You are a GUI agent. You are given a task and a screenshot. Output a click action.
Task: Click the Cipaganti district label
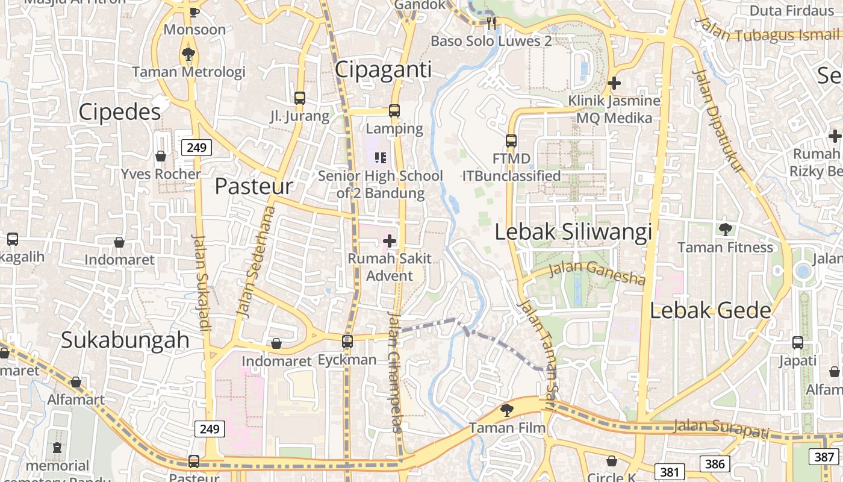383,70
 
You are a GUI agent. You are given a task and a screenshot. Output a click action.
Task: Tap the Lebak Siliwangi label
573,232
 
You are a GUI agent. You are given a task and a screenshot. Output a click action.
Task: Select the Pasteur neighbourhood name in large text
254,186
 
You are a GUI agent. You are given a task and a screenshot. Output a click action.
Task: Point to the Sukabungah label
125,340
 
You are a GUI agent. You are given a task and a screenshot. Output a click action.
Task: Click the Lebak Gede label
711,310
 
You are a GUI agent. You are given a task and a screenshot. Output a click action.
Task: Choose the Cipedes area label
120,111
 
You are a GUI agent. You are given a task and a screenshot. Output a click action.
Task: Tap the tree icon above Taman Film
507,410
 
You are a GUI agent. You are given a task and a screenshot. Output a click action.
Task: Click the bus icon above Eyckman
347,342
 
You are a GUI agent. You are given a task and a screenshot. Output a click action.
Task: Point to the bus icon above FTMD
511,141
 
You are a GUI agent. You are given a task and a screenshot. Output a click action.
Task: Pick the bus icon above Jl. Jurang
300,98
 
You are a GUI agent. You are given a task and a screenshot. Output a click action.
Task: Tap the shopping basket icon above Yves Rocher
161,157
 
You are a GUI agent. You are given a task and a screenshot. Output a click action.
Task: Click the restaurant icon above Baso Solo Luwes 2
491,23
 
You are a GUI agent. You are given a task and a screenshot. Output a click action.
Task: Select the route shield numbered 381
669,472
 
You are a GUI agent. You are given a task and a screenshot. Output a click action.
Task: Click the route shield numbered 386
715,463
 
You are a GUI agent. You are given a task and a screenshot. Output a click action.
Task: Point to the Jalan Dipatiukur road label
719,120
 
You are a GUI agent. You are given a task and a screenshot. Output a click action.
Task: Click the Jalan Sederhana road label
255,263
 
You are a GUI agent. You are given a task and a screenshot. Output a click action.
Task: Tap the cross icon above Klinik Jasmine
614,83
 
